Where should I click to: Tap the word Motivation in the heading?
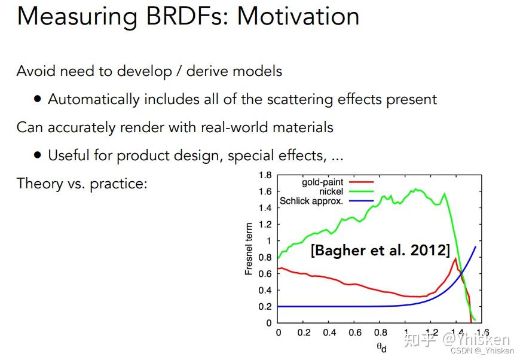pos(298,16)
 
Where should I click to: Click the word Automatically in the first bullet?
pos(94,100)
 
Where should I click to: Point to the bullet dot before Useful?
pos(38,155)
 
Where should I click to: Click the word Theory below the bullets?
pos(39,184)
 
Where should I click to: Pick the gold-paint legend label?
pos(322,182)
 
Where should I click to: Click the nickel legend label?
pos(331,191)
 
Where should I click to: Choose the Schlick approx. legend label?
pos(311,201)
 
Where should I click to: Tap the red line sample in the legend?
pos(361,182)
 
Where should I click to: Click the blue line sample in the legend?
pos(361,201)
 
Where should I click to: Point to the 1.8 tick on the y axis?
pos(265,175)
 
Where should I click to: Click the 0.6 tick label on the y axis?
pos(265,273)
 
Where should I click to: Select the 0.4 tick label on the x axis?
pos(329,332)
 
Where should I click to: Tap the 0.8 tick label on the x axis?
pos(381,332)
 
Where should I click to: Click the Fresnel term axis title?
pos(249,249)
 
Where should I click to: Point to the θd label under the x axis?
pos(381,347)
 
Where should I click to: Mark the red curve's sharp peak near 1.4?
pos(455,258)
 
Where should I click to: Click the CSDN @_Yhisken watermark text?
pos(482,350)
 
